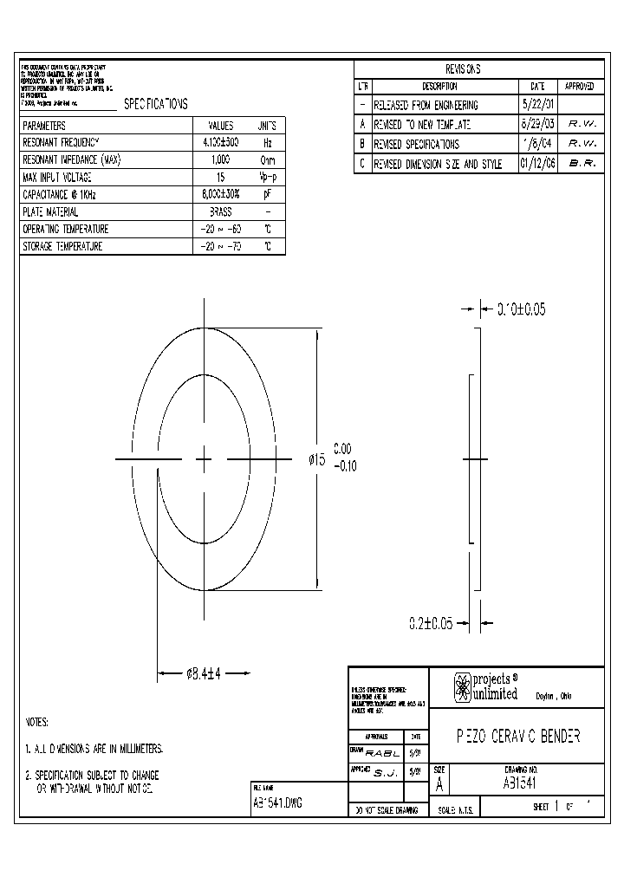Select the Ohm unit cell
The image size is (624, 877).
coord(268,160)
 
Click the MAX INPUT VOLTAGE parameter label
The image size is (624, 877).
coord(57,178)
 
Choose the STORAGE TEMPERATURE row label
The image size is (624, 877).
coord(63,247)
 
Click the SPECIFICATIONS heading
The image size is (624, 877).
coord(156,104)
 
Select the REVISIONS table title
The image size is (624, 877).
coord(462,69)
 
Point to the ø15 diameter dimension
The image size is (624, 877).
coord(316,460)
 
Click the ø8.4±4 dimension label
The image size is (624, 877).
coord(204,673)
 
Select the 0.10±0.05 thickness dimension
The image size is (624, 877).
coord(521,309)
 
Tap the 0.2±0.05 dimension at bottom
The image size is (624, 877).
coord(431,622)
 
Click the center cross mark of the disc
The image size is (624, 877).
coord(204,459)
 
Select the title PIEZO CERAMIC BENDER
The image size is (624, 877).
coord(517,736)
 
